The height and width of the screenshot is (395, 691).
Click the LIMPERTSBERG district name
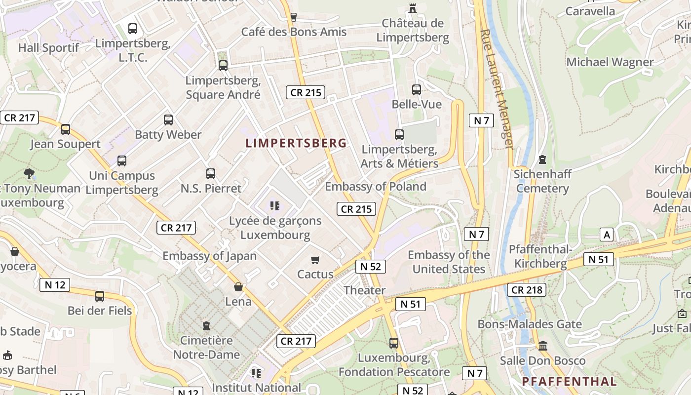point(296,143)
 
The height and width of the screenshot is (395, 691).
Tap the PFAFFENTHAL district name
point(569,381)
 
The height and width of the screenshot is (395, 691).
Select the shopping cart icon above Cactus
point(315,260)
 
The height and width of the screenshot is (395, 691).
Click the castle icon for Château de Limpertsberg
point(413,8)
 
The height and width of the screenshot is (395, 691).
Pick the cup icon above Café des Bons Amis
point(294,17)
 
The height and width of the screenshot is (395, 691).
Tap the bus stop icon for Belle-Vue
point(417,90)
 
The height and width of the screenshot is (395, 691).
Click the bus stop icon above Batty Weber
point(168,120)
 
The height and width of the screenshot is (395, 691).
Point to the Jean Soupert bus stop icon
point(66,129)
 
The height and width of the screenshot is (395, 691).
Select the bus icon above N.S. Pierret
point(211,174)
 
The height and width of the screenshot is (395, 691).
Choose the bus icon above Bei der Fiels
point(100,296)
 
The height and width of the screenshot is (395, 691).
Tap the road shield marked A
point(607,235)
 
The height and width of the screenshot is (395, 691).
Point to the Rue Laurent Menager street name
point(497,89)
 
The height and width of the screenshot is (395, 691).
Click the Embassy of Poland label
point(375,187)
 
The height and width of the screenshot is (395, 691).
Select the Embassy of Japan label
point(209,256)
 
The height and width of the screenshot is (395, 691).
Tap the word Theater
point(364,290)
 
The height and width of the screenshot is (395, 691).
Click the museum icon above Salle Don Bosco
point(543,346)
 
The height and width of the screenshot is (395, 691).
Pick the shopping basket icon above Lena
point(238,287)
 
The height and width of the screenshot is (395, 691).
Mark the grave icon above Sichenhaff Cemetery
point(542,159)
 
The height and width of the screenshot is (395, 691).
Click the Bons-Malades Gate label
point(530,324)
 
